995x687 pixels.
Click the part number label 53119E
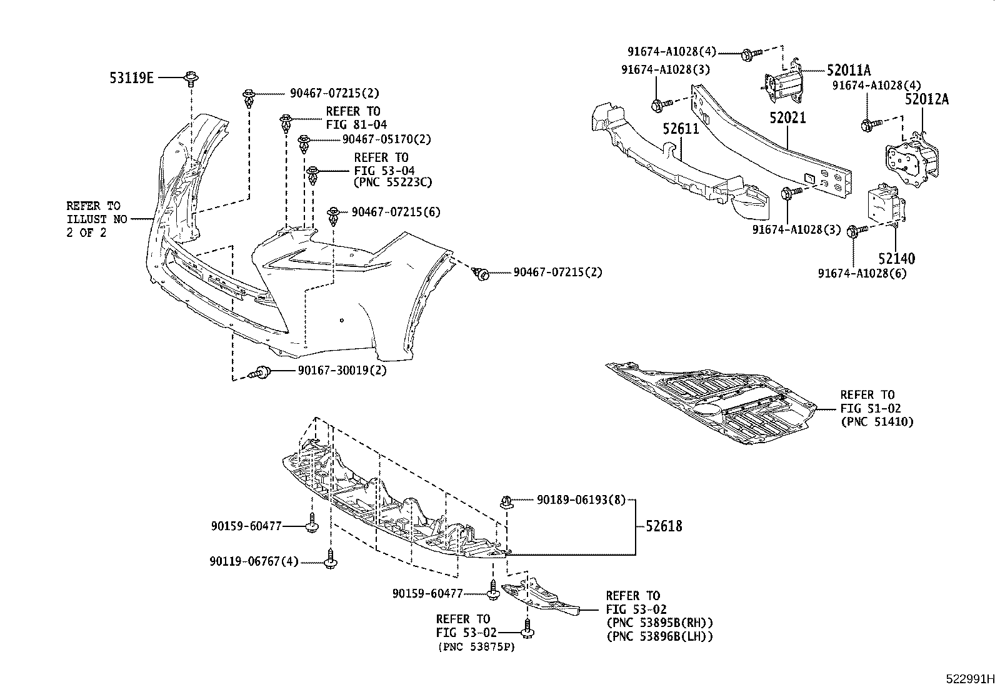click(x=131, y=78)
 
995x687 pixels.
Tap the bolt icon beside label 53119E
click(x=190, y=78)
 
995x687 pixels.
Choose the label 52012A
click(x=927, y=99)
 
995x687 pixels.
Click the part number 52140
click(x=896, y=259)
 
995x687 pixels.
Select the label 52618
click(x=664, y=527)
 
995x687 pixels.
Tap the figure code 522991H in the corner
click(x=968, y=679)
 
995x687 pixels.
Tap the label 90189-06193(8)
click(x=581, y=500)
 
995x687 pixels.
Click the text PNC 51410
click(x=877, y=422)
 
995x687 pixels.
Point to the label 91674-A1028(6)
click(x=862, y=273)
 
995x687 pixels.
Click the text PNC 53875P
click(x=476, y=647)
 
